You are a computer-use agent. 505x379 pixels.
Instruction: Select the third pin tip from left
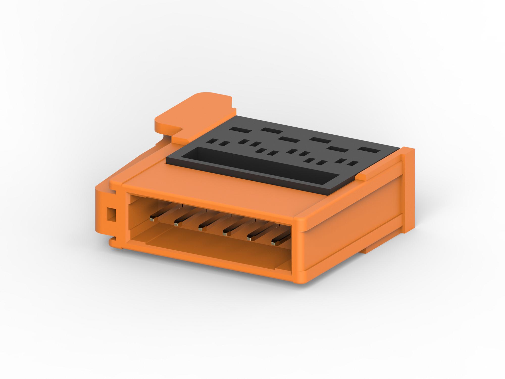click(201, 229)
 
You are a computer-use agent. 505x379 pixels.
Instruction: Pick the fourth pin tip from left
click(225, 234)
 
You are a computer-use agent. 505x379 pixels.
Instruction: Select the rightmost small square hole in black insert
click(355, 163)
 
